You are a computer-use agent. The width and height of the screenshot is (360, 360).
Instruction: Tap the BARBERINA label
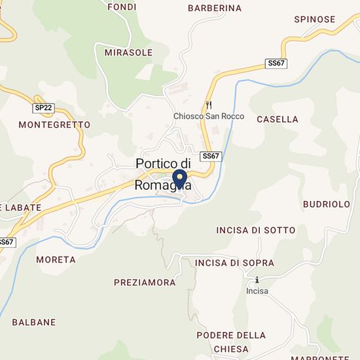(x=214, y=9)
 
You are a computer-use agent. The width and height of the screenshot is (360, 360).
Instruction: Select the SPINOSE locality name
(x=314, y=20)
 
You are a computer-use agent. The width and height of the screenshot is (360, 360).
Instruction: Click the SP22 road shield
(x=43, y=107)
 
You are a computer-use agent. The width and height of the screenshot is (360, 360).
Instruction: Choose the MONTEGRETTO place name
(x=54, y=124)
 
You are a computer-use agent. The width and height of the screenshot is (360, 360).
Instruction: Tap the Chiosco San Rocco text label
(x=208, y=117)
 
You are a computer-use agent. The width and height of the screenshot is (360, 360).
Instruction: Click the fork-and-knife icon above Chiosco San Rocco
(x=209, y=104)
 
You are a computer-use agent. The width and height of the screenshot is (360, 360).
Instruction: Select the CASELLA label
(x=278, y=120)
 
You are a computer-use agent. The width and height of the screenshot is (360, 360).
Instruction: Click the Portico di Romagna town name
(x=163, y=173)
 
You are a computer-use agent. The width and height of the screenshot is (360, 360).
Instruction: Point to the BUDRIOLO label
(x=327, y=204)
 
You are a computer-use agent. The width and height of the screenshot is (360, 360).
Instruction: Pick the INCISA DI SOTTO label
(x=255, y=230)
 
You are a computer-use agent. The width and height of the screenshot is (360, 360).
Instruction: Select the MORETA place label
(x=56, y=259)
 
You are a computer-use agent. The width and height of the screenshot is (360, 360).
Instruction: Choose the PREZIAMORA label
(x=145, y=283)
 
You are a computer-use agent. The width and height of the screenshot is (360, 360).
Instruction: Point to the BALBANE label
(x=33, y=322)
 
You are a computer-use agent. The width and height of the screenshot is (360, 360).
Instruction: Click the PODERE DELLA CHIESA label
(x=231, y=342)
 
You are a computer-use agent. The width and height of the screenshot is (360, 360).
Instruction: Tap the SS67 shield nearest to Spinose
(x=277, y=63)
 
